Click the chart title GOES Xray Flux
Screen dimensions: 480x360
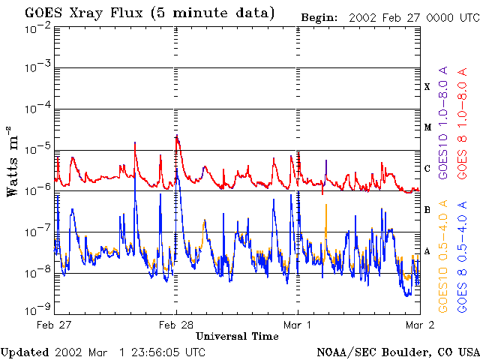(x=84, y=13)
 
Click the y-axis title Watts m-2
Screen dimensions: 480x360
(x=12, y=161)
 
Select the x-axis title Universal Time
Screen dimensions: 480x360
(x=237, y=336)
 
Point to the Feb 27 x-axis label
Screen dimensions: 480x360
(x=53, y=325)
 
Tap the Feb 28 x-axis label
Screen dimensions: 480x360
(x=175, y=325)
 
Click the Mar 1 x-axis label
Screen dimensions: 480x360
(x=297, y=325)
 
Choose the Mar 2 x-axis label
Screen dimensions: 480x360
(x=420, y=325)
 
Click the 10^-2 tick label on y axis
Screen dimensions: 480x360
(x=37, y=31)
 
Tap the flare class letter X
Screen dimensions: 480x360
(x=427, y=87)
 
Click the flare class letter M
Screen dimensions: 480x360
(x=427, y=127)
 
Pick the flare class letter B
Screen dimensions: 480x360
(x=427, y=210)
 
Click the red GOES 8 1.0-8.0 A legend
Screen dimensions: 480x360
(x=462, y=123)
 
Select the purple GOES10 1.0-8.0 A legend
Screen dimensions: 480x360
(x=442, y=122)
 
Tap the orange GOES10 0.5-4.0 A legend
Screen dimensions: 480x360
(x=442, y=256)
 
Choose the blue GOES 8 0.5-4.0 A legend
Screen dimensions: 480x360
(x=462, y=256)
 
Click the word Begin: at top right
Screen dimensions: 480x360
(x=319, y=18)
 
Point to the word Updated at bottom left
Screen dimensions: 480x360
(x=25, y=352)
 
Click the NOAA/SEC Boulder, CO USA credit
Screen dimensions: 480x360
(x=398, y=352)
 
